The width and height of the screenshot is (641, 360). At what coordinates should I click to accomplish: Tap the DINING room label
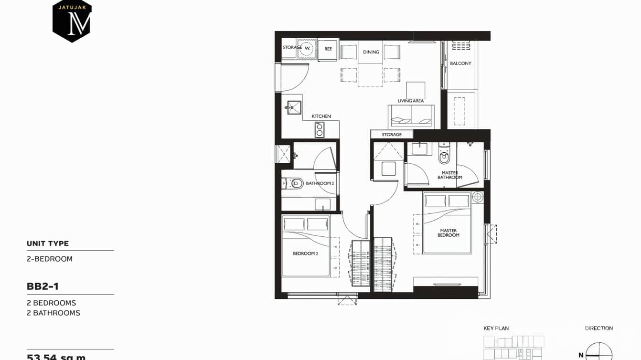pos(371,52)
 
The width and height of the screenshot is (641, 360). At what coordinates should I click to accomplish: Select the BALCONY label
pos(460,63)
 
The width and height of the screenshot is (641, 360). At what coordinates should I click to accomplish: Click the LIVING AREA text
pos(411,101)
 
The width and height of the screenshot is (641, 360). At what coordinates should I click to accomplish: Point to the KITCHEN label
pos(321,116)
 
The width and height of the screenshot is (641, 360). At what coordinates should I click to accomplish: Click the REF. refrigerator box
pos(328,49)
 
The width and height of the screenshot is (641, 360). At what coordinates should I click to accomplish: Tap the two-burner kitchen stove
pos(320,129)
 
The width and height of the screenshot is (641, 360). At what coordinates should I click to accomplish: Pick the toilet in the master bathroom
pos(444,156)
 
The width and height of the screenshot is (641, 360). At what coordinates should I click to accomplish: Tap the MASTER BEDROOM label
pos(449,233)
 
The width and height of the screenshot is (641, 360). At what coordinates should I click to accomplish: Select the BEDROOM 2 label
pos(305,254)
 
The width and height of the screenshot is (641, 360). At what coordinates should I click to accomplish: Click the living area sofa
pos(411,116)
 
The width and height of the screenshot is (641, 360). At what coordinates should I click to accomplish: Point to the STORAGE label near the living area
pos(392,135)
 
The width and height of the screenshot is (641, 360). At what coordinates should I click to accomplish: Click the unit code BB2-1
pos(43,286)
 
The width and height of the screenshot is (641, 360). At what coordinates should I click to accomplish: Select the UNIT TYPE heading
pos(48,244)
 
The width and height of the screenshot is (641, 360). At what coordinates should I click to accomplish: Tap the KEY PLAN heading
pos(496,328)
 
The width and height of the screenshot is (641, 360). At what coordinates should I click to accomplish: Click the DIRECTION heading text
pos(598,328)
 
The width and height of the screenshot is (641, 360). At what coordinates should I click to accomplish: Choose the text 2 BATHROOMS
pos(53,313)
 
